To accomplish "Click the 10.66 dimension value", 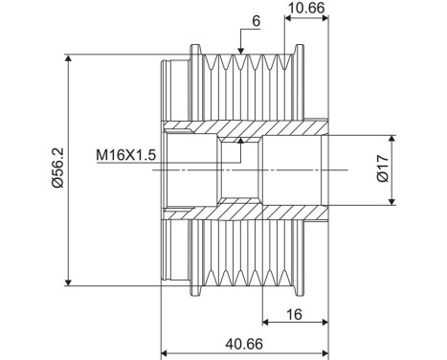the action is pyautogui.click(x=306, y=8).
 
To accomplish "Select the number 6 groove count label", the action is pyautogui.click(x=257, y=21).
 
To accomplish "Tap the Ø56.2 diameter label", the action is pyautogui.click(x=59, y=168).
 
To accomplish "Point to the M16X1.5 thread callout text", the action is pyautogui.click(x=126, y=155).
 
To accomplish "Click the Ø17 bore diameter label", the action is pyautogui.click(x=383, y=169).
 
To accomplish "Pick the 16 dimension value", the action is pyautogui.click(x=294, y=315).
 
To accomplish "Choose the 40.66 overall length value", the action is pyautogui.click(x=244, y=344).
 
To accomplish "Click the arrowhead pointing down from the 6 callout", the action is pyautogui.click(x=241, y=51).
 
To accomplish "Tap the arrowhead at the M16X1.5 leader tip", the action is pyautogui.click(x=241, y=141).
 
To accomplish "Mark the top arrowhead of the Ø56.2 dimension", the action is pyautogui.click(x=68, y=57).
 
